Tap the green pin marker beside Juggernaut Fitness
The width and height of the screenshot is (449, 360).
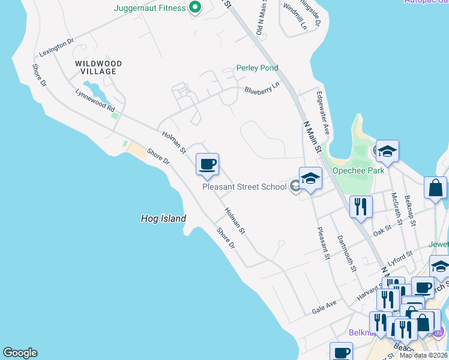point(194,8)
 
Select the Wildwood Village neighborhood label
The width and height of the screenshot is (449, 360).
point(98,67)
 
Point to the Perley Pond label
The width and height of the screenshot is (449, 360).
point(257,68)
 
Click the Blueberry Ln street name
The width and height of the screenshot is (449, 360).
point(262,89)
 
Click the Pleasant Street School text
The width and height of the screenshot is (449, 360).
point(244,187)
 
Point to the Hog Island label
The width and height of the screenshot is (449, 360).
point(163,219)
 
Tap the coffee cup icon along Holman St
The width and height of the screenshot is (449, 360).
point(207,164)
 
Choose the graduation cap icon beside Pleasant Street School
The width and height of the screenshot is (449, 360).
point(310,178)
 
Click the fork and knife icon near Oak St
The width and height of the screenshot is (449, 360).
point(361,206)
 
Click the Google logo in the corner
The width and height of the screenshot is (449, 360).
point(20,353)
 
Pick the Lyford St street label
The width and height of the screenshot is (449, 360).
point(401,258)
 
